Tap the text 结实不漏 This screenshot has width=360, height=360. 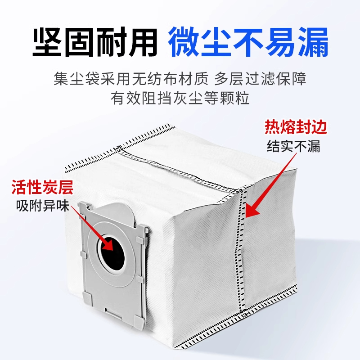coord(294,147)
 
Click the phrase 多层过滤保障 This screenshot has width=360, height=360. coord(267,80)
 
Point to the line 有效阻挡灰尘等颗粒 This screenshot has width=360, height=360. coord(180,98)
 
